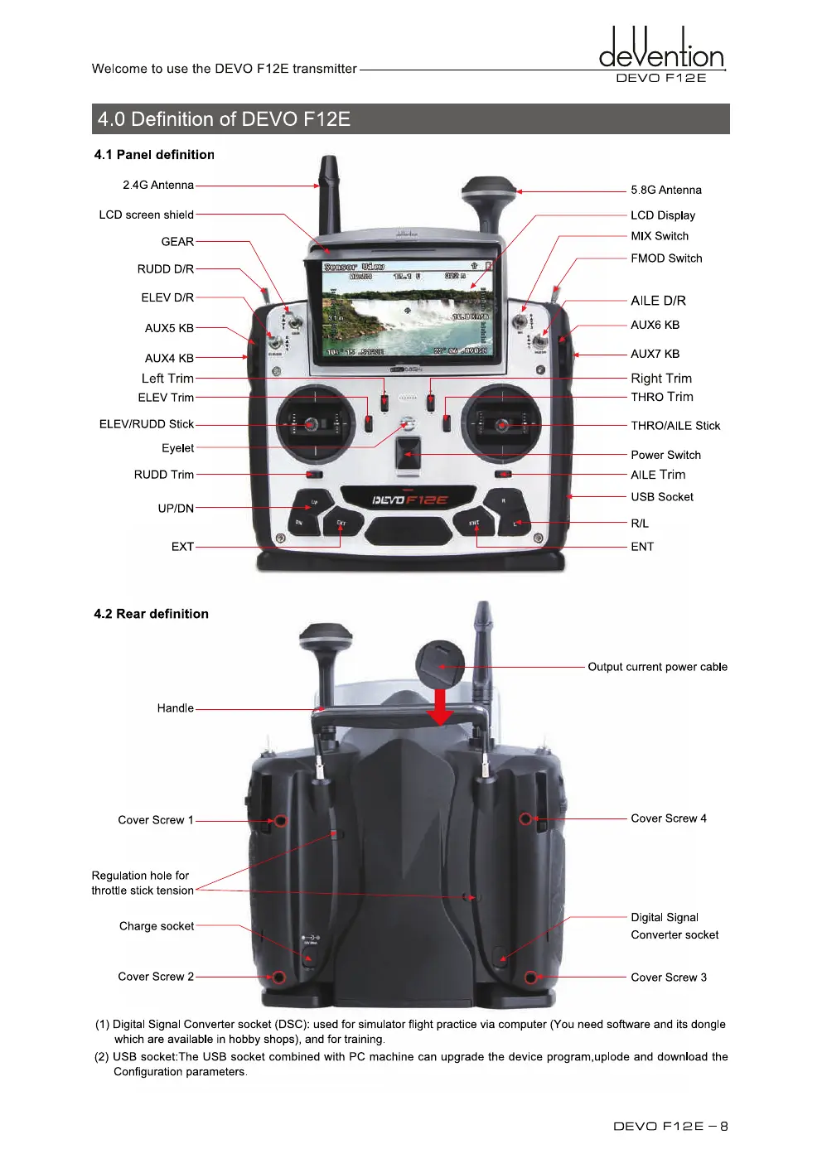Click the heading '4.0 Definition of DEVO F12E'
coord(224,119)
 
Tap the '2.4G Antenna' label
coord(158,186)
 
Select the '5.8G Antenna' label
coord(665,191)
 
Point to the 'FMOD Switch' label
coord(666,258)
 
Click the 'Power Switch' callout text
coord(665,455)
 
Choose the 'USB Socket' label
coord(662,497)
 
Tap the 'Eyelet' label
coord(177,448)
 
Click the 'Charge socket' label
coord(157,926)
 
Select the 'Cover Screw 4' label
coord(669,818)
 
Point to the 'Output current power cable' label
coord(657,667)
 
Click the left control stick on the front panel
coord(312,425)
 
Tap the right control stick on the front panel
coord(502,425)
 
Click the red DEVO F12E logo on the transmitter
coord(410,500)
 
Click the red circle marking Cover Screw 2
coord(280,977)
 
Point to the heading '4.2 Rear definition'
coord(151,614)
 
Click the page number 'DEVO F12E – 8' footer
coord(670,1126)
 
